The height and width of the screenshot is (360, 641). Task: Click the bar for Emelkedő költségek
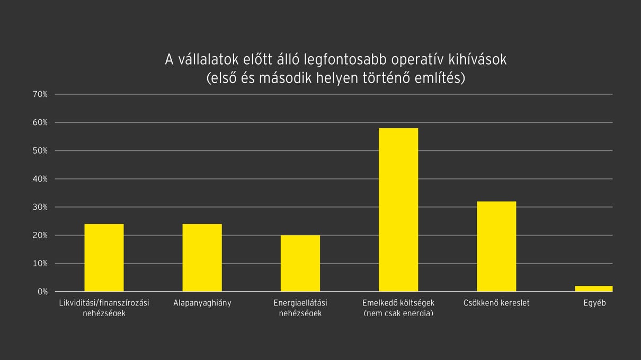[x=398, y=210]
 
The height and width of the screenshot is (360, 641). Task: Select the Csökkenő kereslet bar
[x=496, y=246]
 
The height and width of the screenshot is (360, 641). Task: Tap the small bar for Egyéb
[x=593, y=289]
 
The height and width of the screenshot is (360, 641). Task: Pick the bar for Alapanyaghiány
[x=202, y=257]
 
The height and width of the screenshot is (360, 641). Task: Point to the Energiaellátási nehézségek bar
[x=300, y=263]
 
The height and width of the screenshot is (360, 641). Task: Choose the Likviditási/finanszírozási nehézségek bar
[x=104, y=257]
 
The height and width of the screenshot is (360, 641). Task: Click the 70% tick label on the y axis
[x=40, y=94]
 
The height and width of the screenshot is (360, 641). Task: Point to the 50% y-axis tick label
[x=40, y=151]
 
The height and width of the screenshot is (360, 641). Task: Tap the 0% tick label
[x=42, y=292]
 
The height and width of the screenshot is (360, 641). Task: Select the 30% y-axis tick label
[x=40, y=207]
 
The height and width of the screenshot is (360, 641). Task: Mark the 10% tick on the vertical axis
[x=40, y=264]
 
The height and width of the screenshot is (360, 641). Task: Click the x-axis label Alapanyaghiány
[x=202, y=303]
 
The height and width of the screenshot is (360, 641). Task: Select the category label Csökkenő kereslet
[x=496, y=303]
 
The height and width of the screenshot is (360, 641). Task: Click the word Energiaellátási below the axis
[x=300, y=303]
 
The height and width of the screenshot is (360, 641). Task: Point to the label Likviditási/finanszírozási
[x=104, y=303]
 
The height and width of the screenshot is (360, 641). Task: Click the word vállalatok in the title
[x=209, y=60]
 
